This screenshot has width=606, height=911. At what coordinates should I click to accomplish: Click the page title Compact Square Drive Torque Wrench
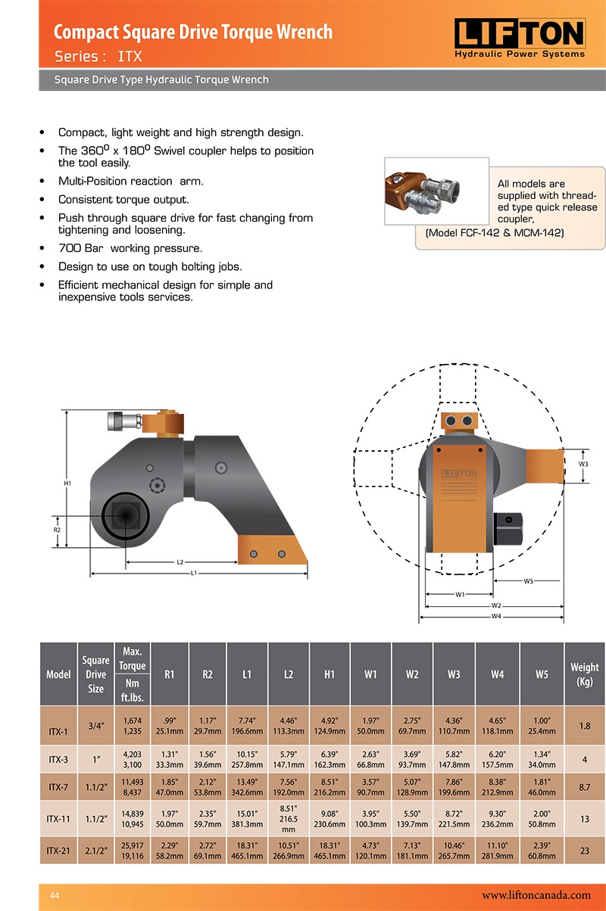193,32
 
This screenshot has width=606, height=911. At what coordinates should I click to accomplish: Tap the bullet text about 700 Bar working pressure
130,248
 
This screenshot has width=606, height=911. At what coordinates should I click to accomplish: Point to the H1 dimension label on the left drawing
67,483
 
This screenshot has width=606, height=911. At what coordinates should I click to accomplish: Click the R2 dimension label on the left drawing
57,530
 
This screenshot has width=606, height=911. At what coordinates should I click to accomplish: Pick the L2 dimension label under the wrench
180,562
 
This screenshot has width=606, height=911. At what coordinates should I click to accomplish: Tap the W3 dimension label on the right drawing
583,464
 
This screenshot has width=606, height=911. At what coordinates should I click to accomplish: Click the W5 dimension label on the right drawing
528,581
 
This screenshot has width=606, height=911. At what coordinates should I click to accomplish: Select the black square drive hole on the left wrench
122,516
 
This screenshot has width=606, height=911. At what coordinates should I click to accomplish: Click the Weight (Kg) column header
584,674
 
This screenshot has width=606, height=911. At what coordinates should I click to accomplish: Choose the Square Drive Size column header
95,674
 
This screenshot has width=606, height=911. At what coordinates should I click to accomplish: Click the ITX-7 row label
58,787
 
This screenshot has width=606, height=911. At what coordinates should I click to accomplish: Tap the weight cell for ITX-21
584,850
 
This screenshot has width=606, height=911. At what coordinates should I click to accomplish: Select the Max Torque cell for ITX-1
132,726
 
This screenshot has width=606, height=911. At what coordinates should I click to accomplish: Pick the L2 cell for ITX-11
289,819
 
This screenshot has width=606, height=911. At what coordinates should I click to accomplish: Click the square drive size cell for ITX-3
95,759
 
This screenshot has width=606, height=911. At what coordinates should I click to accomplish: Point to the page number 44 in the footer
54,895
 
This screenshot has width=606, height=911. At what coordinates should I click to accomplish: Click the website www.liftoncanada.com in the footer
536,894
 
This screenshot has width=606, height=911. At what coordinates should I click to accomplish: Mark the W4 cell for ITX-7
497,787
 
